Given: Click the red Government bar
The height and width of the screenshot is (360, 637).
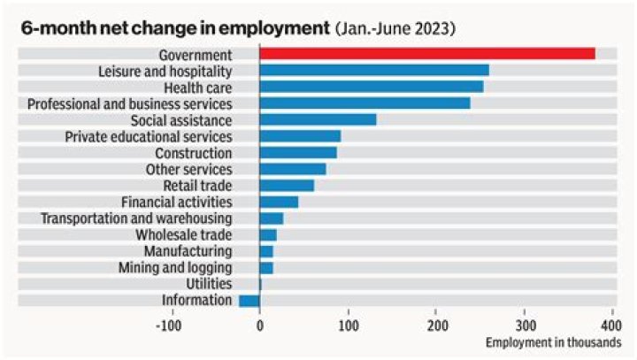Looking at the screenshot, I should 427,54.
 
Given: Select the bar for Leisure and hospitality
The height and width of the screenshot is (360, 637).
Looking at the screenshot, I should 374,71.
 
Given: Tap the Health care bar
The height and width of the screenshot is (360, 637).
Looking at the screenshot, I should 372,87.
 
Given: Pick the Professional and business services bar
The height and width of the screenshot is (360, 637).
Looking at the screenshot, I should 365,103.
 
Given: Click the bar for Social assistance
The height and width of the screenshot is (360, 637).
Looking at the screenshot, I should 318,119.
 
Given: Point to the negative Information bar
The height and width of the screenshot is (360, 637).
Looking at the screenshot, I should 249,301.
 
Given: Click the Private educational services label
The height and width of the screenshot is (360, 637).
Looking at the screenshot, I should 149,136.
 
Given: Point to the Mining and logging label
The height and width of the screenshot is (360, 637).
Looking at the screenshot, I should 175,267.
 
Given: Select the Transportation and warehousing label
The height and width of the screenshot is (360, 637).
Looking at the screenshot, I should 137,218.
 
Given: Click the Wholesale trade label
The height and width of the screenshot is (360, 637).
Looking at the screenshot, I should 183,234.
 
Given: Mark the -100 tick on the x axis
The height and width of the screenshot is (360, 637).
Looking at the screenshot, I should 169,325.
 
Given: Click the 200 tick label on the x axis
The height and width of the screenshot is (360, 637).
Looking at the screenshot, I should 435,325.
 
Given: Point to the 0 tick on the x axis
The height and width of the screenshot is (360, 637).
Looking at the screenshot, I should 259,325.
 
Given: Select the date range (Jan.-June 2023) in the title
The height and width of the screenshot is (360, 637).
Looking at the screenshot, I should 395,27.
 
